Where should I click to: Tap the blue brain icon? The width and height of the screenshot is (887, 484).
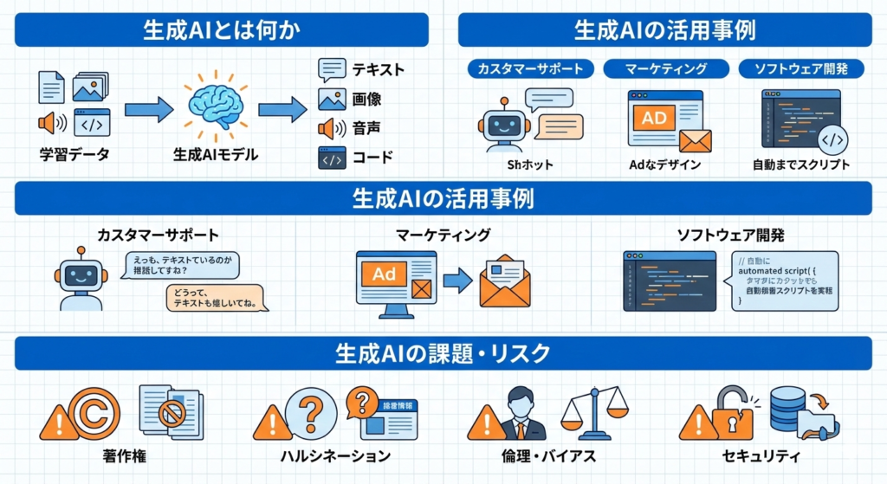(x=215, y=106)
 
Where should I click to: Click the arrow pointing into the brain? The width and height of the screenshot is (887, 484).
(x=148, y=109)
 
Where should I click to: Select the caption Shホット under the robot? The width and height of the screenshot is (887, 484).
(x=530, y=165)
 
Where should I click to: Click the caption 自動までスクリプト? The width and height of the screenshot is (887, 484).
(x=801, y=165)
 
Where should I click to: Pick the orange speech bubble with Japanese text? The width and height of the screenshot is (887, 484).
(x=216, y=298)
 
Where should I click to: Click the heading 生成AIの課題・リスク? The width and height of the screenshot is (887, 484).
(x=443, y=353)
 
